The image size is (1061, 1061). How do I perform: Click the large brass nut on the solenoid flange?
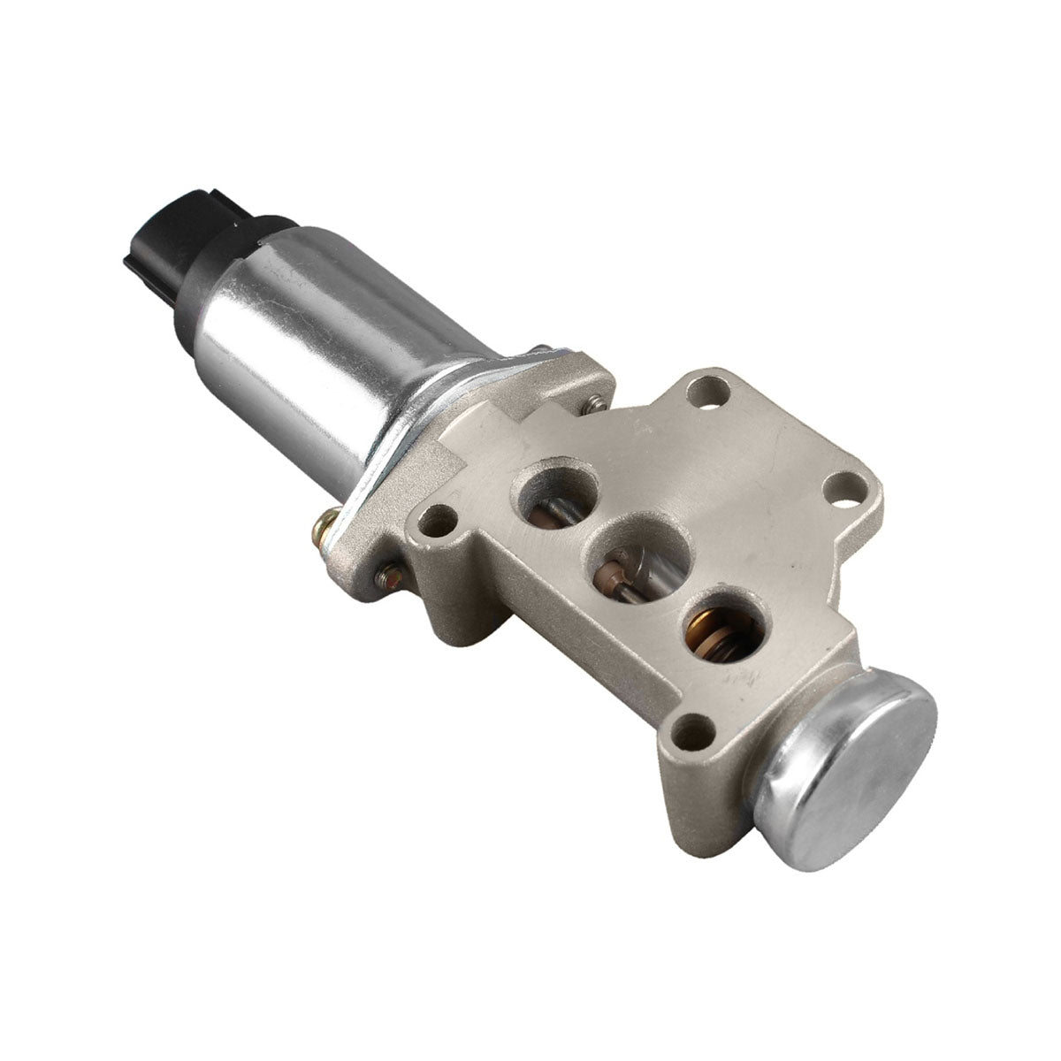coord(328,532)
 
